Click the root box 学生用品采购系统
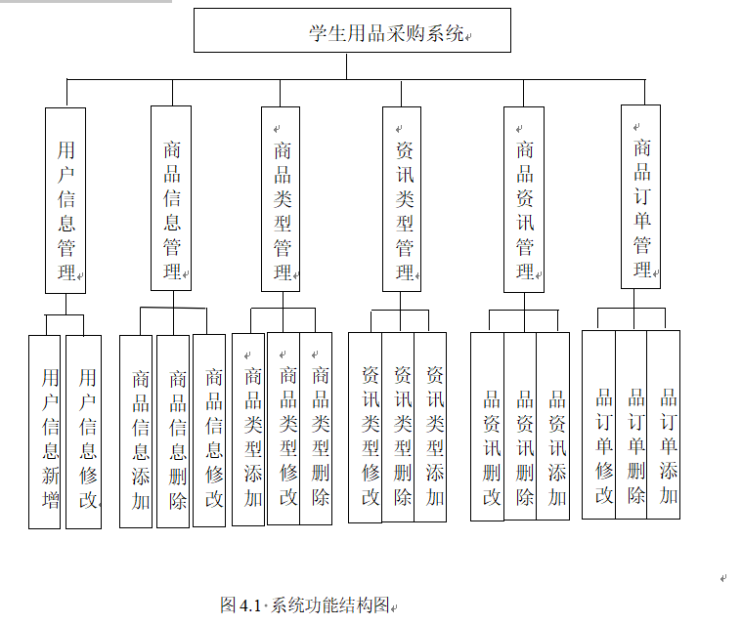coord(352,30)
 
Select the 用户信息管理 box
coord(65,200)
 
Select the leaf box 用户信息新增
coord(45,432)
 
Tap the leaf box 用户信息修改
coord(84,432)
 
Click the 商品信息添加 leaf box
coord(137,432)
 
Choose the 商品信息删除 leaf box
coord(173,432)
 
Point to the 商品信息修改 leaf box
coord(209,432)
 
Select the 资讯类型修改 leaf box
coord(366,427)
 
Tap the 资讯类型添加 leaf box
coord(431,427)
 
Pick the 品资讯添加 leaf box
coord(553,426)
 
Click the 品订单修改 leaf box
coord(599,424)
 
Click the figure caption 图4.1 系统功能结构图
coord(306,604)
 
